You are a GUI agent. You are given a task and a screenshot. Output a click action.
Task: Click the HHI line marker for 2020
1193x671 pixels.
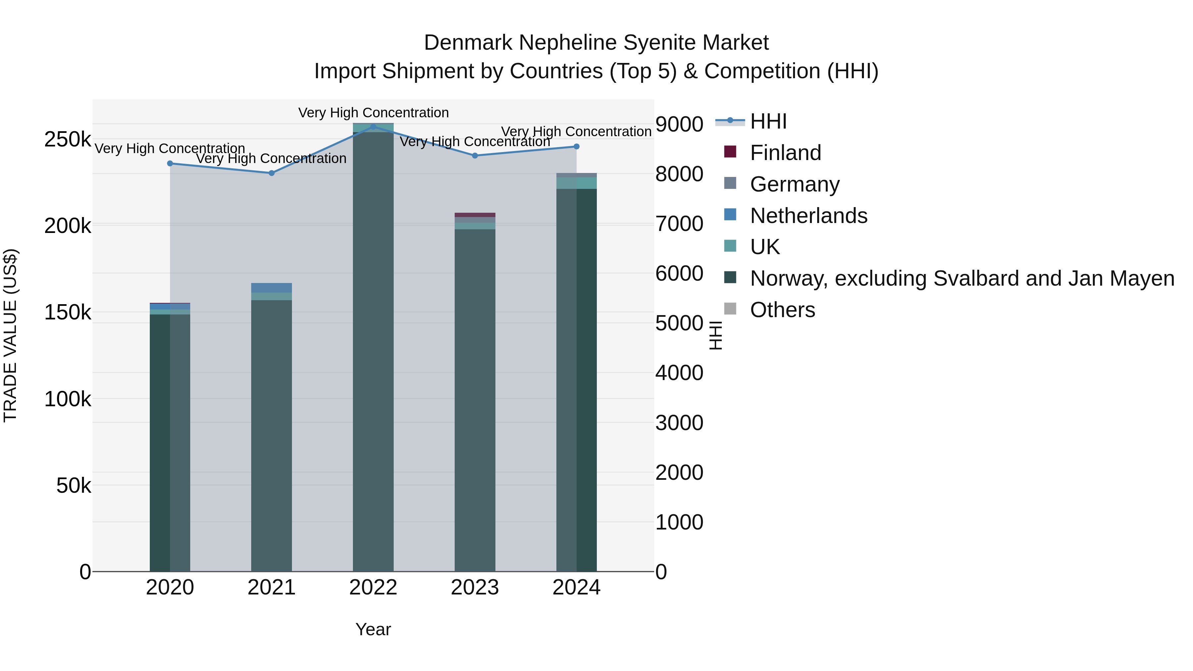click(x=170, y=163)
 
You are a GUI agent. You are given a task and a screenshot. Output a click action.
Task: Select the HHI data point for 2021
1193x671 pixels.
click(x=271, y=173)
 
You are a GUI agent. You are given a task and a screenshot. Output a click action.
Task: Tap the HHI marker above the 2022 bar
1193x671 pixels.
click(x=373, y=127)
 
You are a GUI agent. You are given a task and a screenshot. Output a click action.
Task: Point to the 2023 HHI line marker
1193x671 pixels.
click(x=475, y=156)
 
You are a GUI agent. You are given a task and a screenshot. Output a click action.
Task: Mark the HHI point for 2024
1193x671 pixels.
click(x=577, y=146)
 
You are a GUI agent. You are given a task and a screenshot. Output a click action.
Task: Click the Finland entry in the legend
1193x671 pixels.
click(x=785, y=153)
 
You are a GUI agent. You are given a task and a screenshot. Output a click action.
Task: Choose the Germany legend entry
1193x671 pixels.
click(x=794, y=184)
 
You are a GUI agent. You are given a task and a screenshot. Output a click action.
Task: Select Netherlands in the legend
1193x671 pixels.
click(x=808, y=216)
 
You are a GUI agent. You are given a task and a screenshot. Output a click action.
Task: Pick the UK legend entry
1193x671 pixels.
click(x=765, y=247)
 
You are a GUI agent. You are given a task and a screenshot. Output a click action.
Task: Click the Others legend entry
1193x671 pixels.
click(x=782, y=310)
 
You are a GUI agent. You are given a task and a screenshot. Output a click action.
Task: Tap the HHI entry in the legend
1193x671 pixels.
click(x=768, y=121)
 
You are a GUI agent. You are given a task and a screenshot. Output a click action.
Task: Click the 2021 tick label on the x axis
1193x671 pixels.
click(x=271, y=587)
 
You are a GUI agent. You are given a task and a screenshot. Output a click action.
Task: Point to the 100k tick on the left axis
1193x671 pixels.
click(x=68, y=399)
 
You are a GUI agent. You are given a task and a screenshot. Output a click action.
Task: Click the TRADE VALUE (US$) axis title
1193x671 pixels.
click(x=10, y=335)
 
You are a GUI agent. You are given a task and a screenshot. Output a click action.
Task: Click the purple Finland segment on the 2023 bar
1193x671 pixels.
click(x=475, y=215)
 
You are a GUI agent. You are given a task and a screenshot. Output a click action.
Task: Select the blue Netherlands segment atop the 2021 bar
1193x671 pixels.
click(x=271, y=288)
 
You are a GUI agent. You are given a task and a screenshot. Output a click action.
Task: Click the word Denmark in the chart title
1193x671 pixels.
click(x=468, y=43)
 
